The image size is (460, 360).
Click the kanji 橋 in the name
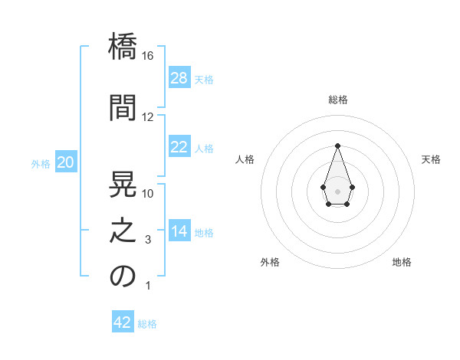[123, 46]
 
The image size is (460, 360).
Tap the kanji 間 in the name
[123, 107]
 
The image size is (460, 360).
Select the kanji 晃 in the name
[123, 184]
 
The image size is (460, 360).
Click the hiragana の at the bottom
[123, 276]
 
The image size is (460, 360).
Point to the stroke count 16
[147, 56]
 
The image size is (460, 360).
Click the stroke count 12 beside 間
[147, 117]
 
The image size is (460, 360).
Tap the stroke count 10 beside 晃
[147, 194]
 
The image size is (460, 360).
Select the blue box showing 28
[179, 77]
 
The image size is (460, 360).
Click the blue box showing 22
[179, 146]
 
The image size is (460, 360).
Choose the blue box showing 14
[179, 230]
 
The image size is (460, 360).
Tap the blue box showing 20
[66, 162]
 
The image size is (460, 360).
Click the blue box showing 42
[123, 321]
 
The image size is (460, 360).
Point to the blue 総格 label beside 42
[147, 324]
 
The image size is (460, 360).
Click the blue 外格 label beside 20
[41, 164]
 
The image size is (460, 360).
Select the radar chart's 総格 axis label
[338, 100]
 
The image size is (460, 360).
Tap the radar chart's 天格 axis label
[431, 159]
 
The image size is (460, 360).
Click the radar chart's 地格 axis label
[402, 262]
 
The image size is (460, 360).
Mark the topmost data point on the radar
[337, 146]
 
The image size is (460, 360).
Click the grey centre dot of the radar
[337, 191]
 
